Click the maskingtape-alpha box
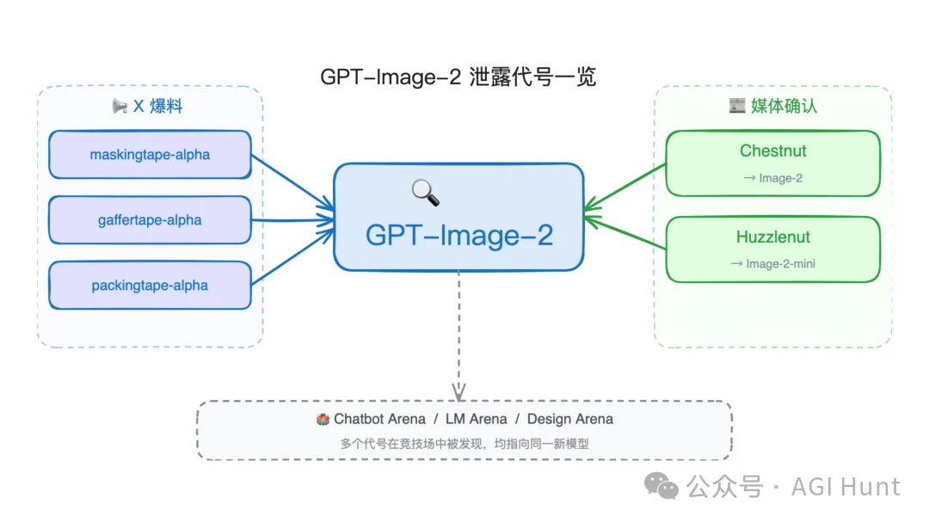(x=150, y=155)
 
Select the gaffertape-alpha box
(x=150, y=220)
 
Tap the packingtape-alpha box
(x=150, y=286)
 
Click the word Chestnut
(x=772, y=151)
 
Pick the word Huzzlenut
(x=772, y=237)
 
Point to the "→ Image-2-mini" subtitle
(x=772, y=264)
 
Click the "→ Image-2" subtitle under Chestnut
(x=772, y=178)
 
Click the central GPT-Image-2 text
(x=458, y=235)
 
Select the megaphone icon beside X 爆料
(x=120, y=106)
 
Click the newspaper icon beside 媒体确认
(x=736, y=106)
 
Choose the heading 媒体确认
(x=784, y=106)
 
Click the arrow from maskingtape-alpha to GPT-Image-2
(x=292, y=181)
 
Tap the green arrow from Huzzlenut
(x=626, y=233)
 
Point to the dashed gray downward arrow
(x=458, y=335)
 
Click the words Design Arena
(x=570, y=419)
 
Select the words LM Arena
(x=477, y=419)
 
